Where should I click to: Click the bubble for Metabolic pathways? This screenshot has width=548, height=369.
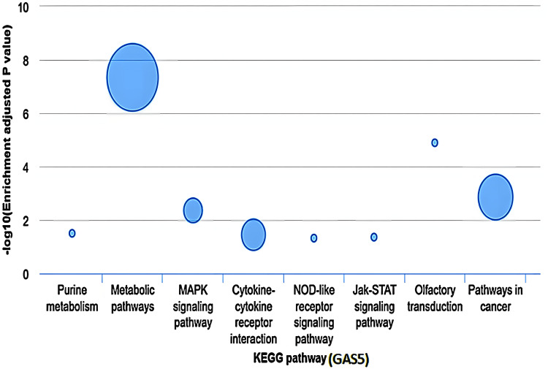pyautogui.click(x=132, y=77)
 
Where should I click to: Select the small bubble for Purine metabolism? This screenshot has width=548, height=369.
pyautogui.click(x=72, y=233)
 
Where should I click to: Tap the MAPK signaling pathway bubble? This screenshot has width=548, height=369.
pyautogui.click(x=192, y=210)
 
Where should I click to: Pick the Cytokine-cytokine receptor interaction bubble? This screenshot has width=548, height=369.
pyautogui.click(x=254, y=235)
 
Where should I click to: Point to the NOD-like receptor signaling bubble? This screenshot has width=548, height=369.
pyautogui.click(x=314, y=238)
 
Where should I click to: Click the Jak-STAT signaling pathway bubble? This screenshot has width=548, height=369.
pyautogui.click(x=374, y=237)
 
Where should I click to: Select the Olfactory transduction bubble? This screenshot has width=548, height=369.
pyautogui.click(x=435, y=142)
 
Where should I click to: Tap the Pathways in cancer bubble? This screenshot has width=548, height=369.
pyautogui.click(x=495, y=197)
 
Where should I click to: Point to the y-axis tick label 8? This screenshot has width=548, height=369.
pyautogui.click(x=27, y=61)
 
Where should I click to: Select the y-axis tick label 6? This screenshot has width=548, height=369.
pyautogui.click(x=27, y=114)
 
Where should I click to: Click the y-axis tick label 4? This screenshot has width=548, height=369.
pyautogui.click(x=27, y=167)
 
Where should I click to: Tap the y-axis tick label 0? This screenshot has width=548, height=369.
pyautogui.click(x=27, y=274)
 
